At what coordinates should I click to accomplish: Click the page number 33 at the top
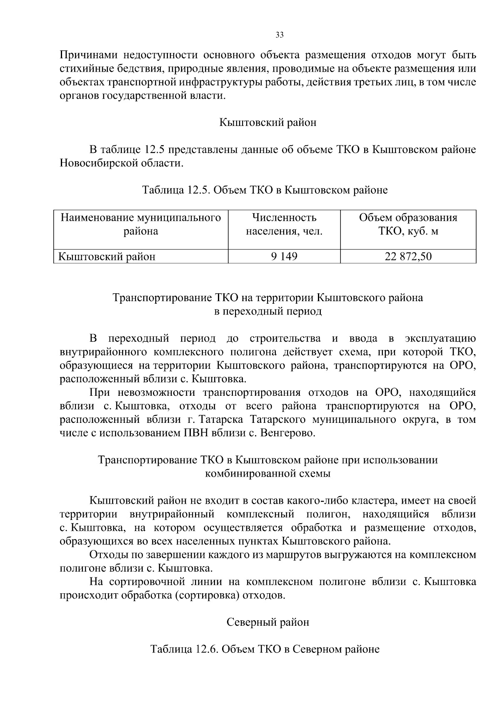pos(280,35)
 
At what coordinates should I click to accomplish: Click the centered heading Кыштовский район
pos(267,122)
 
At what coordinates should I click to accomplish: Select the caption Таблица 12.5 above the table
pos(265,190)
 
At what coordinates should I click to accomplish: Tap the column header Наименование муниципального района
pos(141,225)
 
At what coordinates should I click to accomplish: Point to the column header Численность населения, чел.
pos(284,225)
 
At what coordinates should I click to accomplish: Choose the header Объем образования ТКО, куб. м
pos(408,225)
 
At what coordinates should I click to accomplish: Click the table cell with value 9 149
pos(284,257)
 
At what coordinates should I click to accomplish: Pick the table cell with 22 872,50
pos(408,257)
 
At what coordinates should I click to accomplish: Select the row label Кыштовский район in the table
pos(107,257)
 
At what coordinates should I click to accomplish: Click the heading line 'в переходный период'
pos(267,312)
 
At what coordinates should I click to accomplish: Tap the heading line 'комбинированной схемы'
pos(267,474)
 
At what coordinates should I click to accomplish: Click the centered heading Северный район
pos(267,622)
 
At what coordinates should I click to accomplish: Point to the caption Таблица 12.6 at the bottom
pos(265,650)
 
